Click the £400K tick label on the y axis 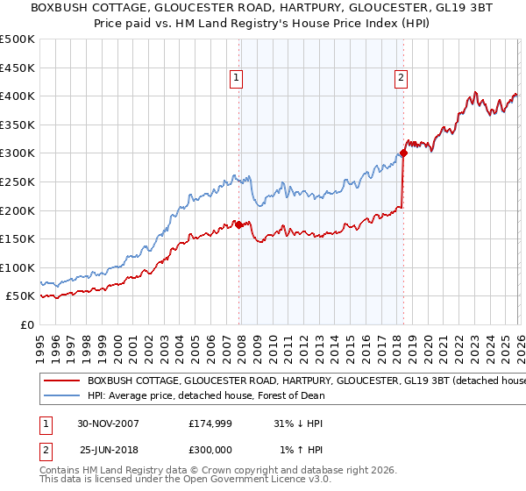18,96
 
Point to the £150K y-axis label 18,238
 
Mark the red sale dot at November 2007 239,224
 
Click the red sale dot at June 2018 403,153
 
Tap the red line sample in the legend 61,381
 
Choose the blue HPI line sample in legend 61,396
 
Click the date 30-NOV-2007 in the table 108,423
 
